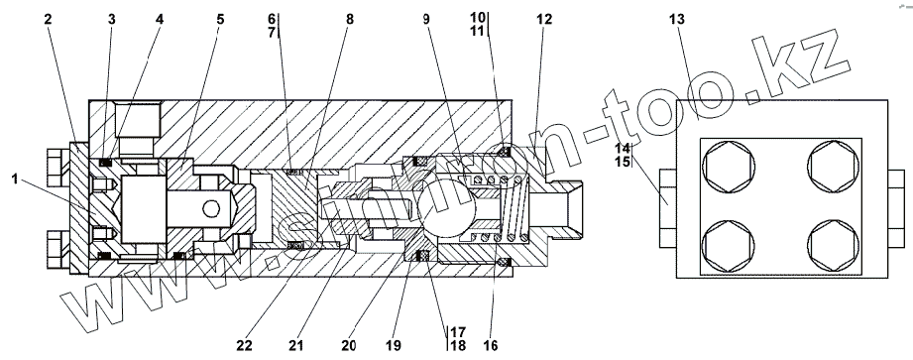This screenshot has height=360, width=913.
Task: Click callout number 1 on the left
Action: [x=15, y=179]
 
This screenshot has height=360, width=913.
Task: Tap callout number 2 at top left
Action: [x=48, y=19]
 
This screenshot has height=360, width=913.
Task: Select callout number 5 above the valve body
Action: [x=219, y=19]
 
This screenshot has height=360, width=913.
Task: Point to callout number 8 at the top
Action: [x=349, y=19]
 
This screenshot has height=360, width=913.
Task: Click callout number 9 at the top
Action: [x=426, y=19]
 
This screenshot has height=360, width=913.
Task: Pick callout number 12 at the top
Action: [x=544, y=19]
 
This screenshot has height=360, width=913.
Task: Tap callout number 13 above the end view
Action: [x=677, y=19]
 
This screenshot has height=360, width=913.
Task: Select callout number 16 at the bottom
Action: [x=491, y=345]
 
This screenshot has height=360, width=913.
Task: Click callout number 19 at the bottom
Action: [x=394, y=345]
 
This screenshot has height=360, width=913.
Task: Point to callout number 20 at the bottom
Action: [x=349, y=345]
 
